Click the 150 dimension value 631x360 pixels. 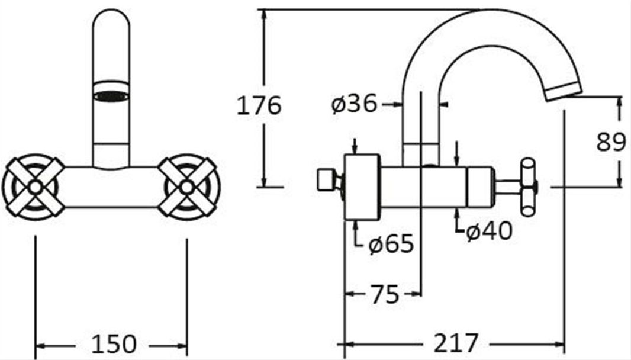pos(114,344)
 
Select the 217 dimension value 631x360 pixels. pos(456,343)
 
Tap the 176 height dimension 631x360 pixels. pos(259,105)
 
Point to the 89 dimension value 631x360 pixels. pos(611,142)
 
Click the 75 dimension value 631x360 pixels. pos(384,294)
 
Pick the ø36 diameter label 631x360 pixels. pos(354,104)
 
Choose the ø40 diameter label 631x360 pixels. pos(490,231)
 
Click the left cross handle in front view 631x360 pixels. pos(34,187)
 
